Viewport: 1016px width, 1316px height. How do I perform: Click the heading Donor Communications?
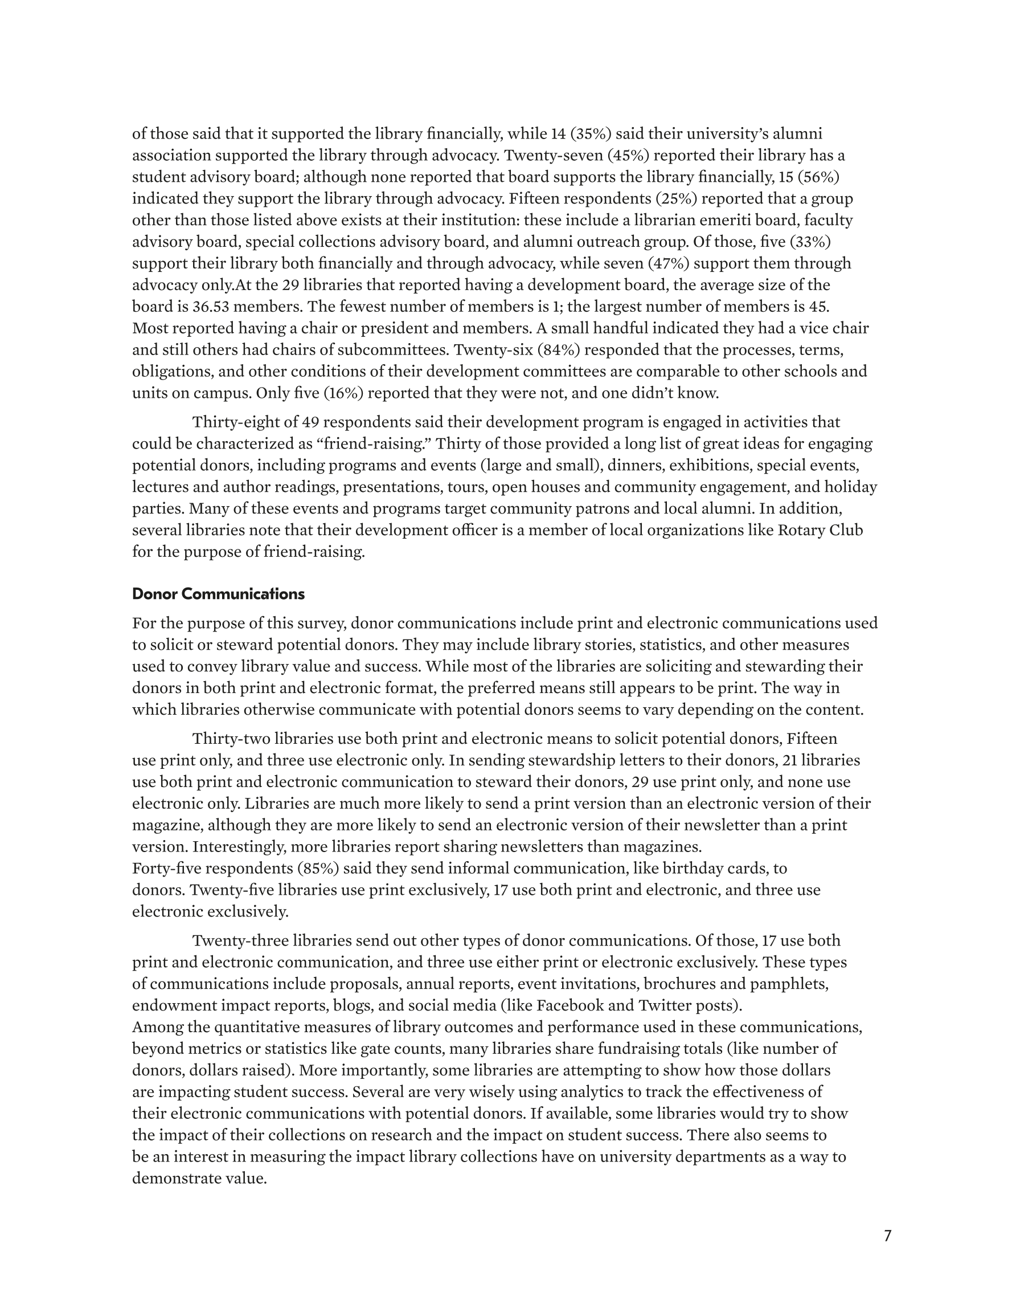click(218, 594)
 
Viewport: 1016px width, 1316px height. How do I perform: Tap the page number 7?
click(887, 1236)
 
